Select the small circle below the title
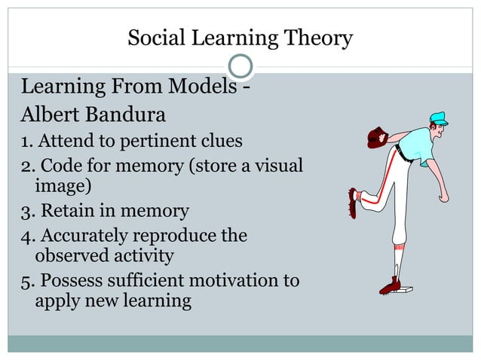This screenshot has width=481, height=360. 240,67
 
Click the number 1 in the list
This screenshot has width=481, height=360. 24,141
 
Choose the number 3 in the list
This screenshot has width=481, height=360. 25,210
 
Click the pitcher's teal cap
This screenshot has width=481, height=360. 437,119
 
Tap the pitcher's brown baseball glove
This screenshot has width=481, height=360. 376,137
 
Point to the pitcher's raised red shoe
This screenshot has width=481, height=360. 353,202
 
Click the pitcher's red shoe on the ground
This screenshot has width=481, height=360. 390,286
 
